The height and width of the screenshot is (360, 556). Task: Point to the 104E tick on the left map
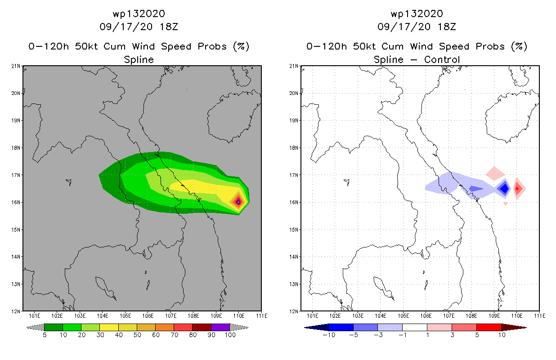[103, 315]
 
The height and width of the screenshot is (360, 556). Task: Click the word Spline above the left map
[139, 59]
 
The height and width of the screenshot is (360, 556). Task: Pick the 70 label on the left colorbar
[174, 335]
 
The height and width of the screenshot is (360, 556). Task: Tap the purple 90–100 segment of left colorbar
[220, 327]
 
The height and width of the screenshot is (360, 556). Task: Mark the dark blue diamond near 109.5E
[505, 189]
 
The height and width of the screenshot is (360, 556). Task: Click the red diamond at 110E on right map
[517, 189]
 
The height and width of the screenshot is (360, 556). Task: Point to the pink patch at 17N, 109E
[495, 173]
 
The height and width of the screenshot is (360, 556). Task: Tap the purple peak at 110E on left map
[238, 202]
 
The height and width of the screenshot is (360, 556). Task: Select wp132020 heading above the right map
[417, 13]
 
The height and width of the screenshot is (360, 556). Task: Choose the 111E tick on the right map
[539, 315]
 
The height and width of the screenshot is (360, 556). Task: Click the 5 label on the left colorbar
[45, 335]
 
